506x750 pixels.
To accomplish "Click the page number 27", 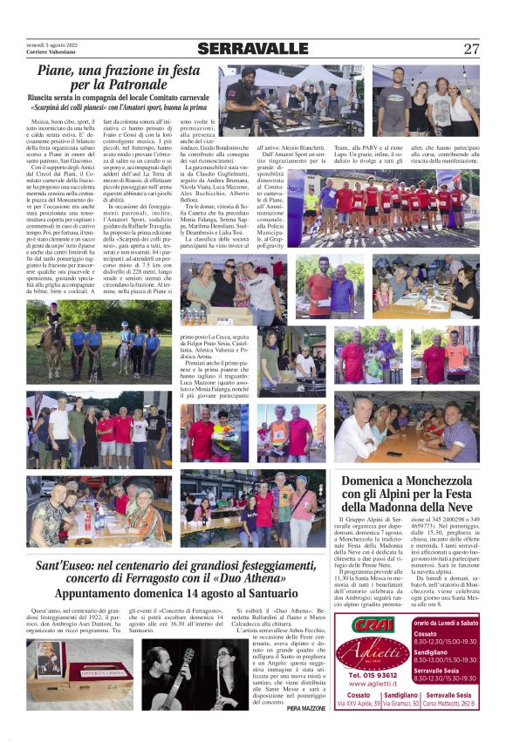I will pyautogui.click(x=471, y=49).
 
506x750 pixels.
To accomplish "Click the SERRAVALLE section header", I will pyautogui.click(x=253, y=49).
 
